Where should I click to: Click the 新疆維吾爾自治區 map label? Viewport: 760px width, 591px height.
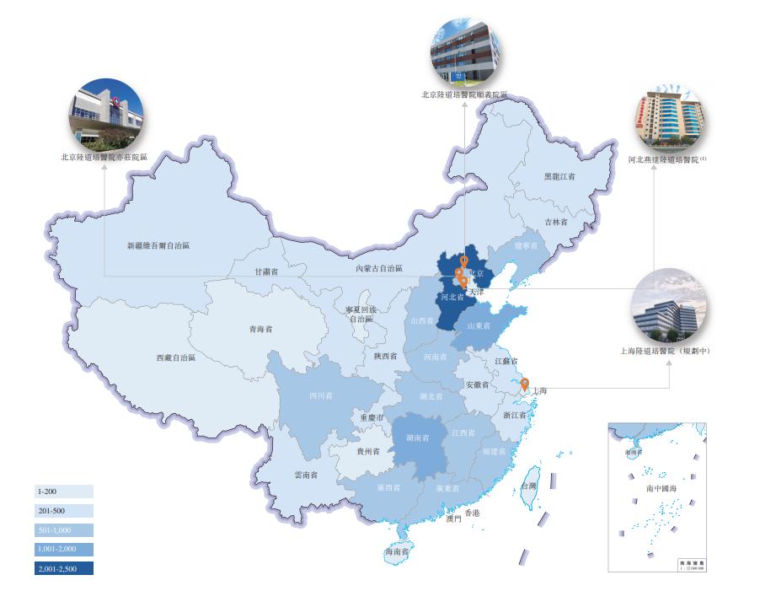pos(158,246)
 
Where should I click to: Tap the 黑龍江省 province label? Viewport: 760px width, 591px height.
pos(559,177)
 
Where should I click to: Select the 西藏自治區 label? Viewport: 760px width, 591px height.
pos(175,357)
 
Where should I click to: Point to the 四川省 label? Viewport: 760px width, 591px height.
pos(320,395)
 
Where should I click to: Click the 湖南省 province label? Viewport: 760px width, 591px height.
pos(418,438)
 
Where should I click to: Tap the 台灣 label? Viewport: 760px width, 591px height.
pos(528,486)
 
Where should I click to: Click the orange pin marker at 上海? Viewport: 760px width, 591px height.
pos(526,387)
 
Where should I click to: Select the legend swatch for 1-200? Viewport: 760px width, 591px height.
pos(64,491)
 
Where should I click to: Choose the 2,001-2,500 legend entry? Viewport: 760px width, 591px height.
pos(64,568)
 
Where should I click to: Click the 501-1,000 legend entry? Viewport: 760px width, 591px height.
pos(64,529)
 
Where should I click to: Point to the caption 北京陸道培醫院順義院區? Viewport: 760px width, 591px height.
pos(464,95)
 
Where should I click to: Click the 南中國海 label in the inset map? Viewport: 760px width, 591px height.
pos(661,488)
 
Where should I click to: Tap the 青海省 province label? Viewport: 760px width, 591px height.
pos(260,330)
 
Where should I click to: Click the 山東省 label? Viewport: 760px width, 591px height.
pos(480,325)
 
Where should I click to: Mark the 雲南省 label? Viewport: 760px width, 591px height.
pos(306,475)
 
